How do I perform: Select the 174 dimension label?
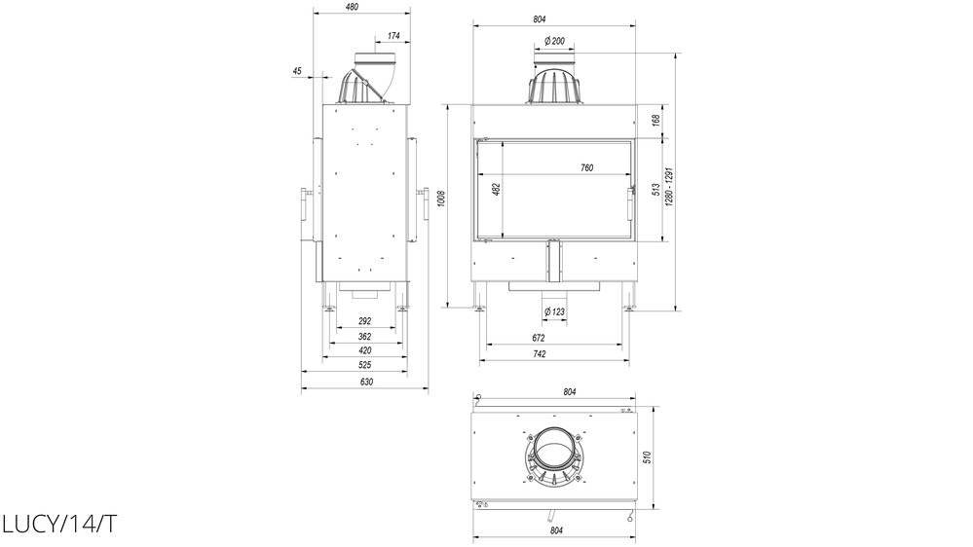(393, 36)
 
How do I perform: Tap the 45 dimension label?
(297, 71)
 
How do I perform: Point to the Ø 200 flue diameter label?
(554, 41)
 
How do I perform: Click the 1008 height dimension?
(441, 199)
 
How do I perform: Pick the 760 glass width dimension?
(586, 167)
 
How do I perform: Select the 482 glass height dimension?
(496, 189)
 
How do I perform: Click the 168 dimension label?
(655, 121)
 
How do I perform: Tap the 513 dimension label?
(655, 190)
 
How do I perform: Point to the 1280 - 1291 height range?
(669, 187)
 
